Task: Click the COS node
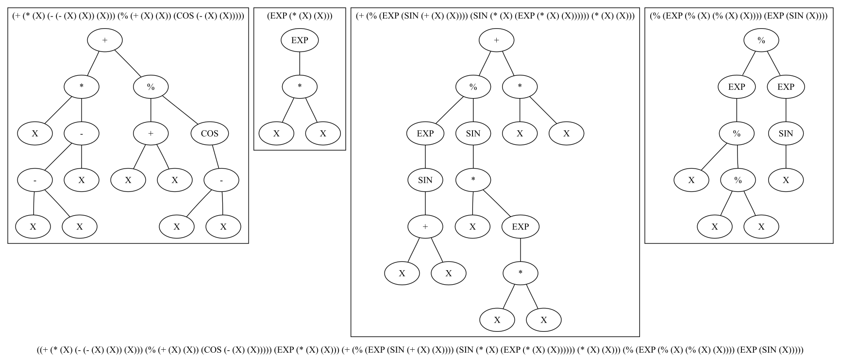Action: (x=210, y=134)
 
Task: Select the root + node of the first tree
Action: (x=104, y=40)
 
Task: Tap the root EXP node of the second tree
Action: (x=300, y=40)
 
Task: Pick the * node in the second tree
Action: (x=300, y=87)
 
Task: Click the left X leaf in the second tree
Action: (x=276, y=134)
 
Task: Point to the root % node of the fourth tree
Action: (x=761, y=40)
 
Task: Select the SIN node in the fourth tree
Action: (x=786, y=134)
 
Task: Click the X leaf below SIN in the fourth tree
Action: (x=786, y=180)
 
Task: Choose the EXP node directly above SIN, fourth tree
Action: (x=786, y=87)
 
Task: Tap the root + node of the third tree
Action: (x=496, y=40)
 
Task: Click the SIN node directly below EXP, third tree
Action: (x=425, y=180)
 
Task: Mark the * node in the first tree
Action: (x=82, y=87)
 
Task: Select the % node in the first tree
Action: (x=151, y=87)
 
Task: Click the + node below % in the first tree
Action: (x=151, y=134)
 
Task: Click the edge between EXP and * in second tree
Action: (x=300, y=64)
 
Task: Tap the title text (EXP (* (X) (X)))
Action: (x=300, y=16)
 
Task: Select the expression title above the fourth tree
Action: (x=739, y=16)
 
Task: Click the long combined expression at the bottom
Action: (x=420, y=350)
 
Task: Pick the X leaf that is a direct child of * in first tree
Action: (x=35, y=134)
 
